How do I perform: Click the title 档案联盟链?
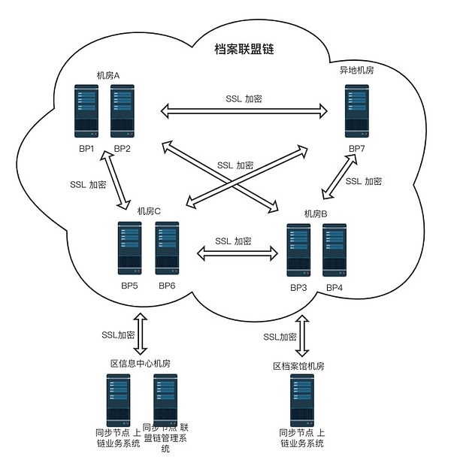point(244,50)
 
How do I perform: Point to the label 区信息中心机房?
point(141,364)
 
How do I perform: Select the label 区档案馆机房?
point(298,366)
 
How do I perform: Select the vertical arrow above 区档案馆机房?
point(303,335)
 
